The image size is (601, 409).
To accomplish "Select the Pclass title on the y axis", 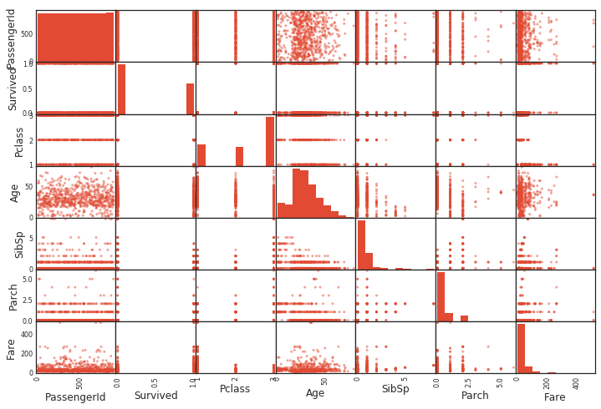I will [x=18, y=141].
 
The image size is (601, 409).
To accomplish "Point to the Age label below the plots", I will [x=315, y=393].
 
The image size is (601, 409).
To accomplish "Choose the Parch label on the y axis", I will [x=13, y=296].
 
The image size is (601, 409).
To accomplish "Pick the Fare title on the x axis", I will [x=555, y=397].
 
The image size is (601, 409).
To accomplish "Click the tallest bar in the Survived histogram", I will [x=121, y=89].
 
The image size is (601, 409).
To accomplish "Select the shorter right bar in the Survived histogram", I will [x=190, y=98].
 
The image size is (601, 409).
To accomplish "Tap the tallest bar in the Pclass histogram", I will [x=270, y=140].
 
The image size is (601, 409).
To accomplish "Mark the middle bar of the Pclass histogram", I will [x=239, y=156].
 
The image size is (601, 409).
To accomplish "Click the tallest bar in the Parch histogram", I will [x=441, y=296].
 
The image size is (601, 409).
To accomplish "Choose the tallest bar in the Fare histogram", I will [x=521, y=348].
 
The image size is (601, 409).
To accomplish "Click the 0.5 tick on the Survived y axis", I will [x=27, y=89].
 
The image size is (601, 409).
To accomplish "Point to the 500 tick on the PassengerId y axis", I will [x=25, y=33].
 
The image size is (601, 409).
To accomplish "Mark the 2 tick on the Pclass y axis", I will [x=30, y=140].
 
